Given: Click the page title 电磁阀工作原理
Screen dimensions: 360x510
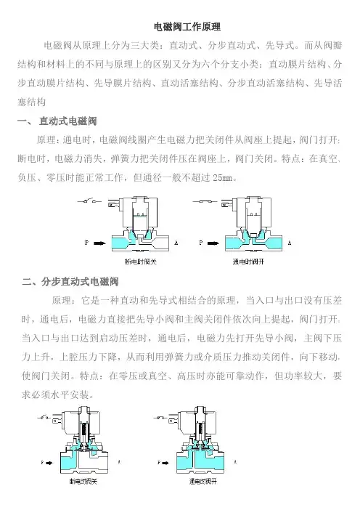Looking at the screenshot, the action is click(187, 27).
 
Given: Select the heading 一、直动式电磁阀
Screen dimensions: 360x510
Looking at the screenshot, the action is click(57, 121).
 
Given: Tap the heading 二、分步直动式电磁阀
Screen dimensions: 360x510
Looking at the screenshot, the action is click(70, 281).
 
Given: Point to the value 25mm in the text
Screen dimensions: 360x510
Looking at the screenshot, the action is click(223, 178).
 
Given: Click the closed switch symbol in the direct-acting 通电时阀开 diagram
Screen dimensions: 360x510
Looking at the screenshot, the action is click(205, 202).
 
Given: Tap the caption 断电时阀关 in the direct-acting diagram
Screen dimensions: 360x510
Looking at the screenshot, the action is click(140, 262).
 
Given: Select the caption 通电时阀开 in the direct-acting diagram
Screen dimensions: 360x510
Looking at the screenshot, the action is click(248, 262).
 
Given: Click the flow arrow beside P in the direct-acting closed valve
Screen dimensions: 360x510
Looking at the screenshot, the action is click(99, 243).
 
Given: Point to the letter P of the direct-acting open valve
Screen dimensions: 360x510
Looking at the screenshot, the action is click(200, 243).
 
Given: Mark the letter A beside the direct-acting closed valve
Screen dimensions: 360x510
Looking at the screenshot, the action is click(176, 243).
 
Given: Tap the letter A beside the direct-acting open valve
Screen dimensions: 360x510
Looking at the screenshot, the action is click(290, 243).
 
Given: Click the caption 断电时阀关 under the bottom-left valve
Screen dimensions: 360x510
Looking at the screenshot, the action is click(83, 482).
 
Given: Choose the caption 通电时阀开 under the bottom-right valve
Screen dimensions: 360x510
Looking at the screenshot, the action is click(203, 482).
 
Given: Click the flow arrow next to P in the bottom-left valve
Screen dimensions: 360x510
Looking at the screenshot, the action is click(49, 463).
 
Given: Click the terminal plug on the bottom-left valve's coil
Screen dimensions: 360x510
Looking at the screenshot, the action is click(57, 420).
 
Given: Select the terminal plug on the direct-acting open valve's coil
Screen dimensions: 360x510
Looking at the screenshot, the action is click(226, 205).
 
